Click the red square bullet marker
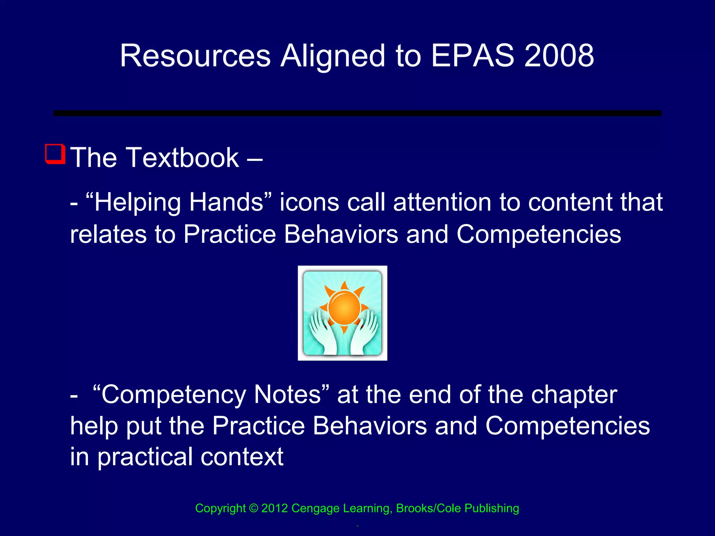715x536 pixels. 55,154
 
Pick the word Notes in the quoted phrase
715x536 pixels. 287,395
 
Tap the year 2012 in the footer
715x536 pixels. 274,508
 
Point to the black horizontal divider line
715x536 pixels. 357,113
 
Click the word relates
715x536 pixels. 108,234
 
